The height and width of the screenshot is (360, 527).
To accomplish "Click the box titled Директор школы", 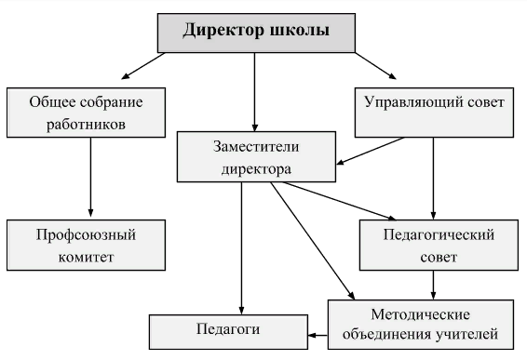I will pyautogui.click(x=255, y=33).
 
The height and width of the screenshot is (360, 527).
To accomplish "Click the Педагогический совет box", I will pyautogui.click(x=439, y=244).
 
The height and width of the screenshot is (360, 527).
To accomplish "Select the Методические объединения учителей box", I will pyautogui.click(x=420, y=322).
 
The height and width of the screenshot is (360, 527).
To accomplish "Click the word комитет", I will pyautogui.click(x=86, y=256).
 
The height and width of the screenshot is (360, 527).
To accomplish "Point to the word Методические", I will pyautogui.click(x=420, y=312).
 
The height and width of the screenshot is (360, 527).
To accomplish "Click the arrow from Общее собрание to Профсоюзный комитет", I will pyautogui.click(x=90, y=177).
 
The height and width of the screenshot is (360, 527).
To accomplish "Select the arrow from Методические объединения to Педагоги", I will pyautogui.click(x=317, y=332).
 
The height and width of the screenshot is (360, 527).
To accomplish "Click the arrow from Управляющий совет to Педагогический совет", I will pyautogui.click(x=433, y=177).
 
